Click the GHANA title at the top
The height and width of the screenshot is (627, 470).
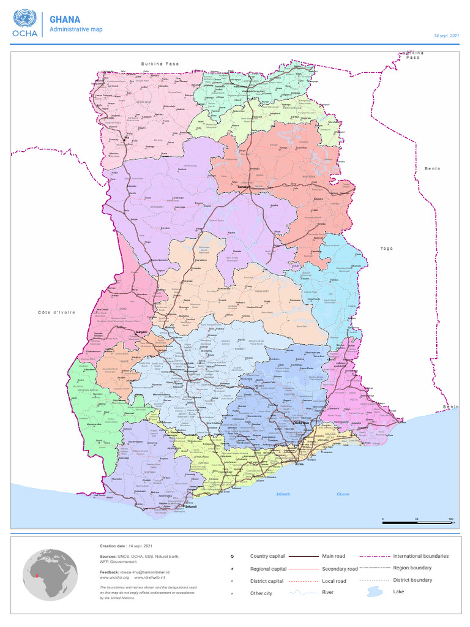click(65, 20)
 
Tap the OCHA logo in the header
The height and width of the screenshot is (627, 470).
click(24, 23)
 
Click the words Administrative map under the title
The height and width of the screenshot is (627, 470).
click(76, 29)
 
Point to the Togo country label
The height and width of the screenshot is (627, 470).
click(386, 249)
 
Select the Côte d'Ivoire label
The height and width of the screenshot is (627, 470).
click(56, 312)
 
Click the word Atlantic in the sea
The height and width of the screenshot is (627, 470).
click(283, 494)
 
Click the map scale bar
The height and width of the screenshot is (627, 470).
click(417, 522)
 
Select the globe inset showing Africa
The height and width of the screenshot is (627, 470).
click(50, 574)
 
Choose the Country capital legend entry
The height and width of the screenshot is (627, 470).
click(267, 556)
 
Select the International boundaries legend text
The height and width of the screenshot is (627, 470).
click(420, 556)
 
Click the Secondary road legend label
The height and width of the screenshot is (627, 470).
click(340, 569)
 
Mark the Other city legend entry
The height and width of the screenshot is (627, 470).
click(261, 593)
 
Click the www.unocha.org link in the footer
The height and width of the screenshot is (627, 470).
click(114, 577)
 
